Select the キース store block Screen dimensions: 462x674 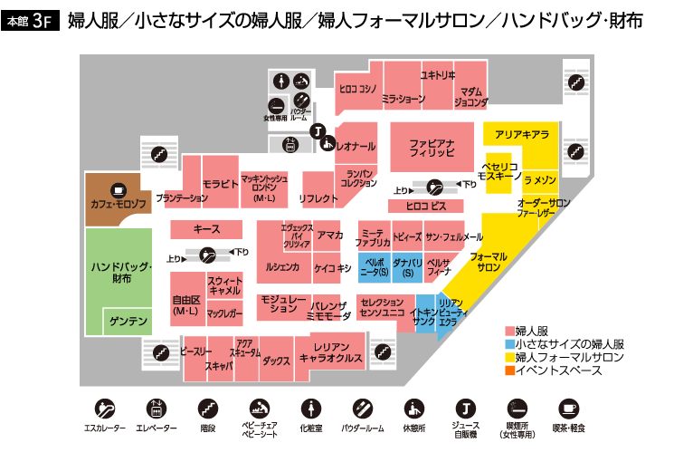tap(206, 230)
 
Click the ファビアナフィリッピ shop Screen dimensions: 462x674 tap(431, 149)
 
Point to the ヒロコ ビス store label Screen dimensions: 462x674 tap(425, 207)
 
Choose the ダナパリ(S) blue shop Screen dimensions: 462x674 tap(407, 266)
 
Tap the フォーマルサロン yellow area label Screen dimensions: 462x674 tap(489, 263)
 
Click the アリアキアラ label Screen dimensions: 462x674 tap(521, 135)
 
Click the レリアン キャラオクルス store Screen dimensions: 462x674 tap(330, 353)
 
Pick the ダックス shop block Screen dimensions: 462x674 tap(276, 361)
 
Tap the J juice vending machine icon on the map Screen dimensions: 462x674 tap(318, 130)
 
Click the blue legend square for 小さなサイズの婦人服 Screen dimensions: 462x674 tap(509, 345)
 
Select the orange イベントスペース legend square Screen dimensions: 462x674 tap(509, 371)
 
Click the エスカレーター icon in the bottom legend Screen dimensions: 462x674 tap(105, 407)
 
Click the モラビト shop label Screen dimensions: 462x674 tap(220, 184)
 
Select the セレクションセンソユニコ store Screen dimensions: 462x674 tap(382, 307)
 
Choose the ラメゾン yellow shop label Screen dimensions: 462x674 tap(540, 181)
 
